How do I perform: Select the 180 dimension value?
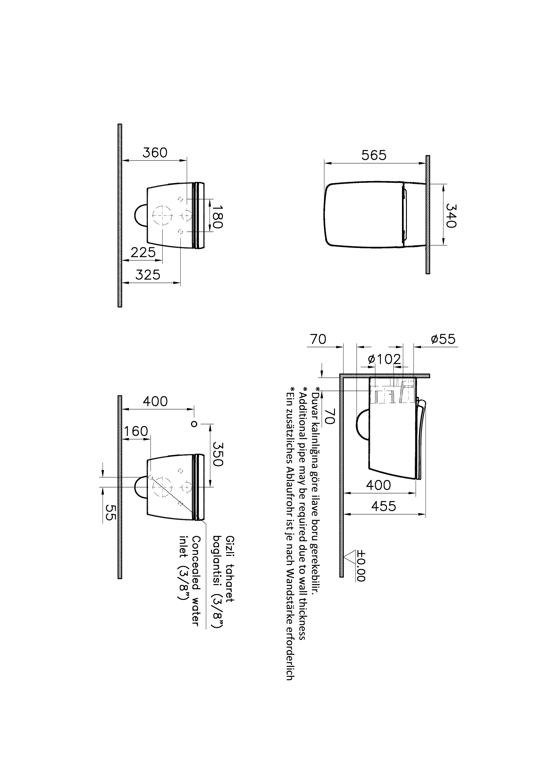[x=217, y=217]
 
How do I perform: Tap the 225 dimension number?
[x=143, y=253]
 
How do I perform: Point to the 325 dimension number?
[x=148, y=275]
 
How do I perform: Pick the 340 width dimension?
[x=451, y=215]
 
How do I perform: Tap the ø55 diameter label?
[x=443, y=339]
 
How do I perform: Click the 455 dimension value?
[x=384, y=506]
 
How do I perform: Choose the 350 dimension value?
[x=217, y=454]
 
